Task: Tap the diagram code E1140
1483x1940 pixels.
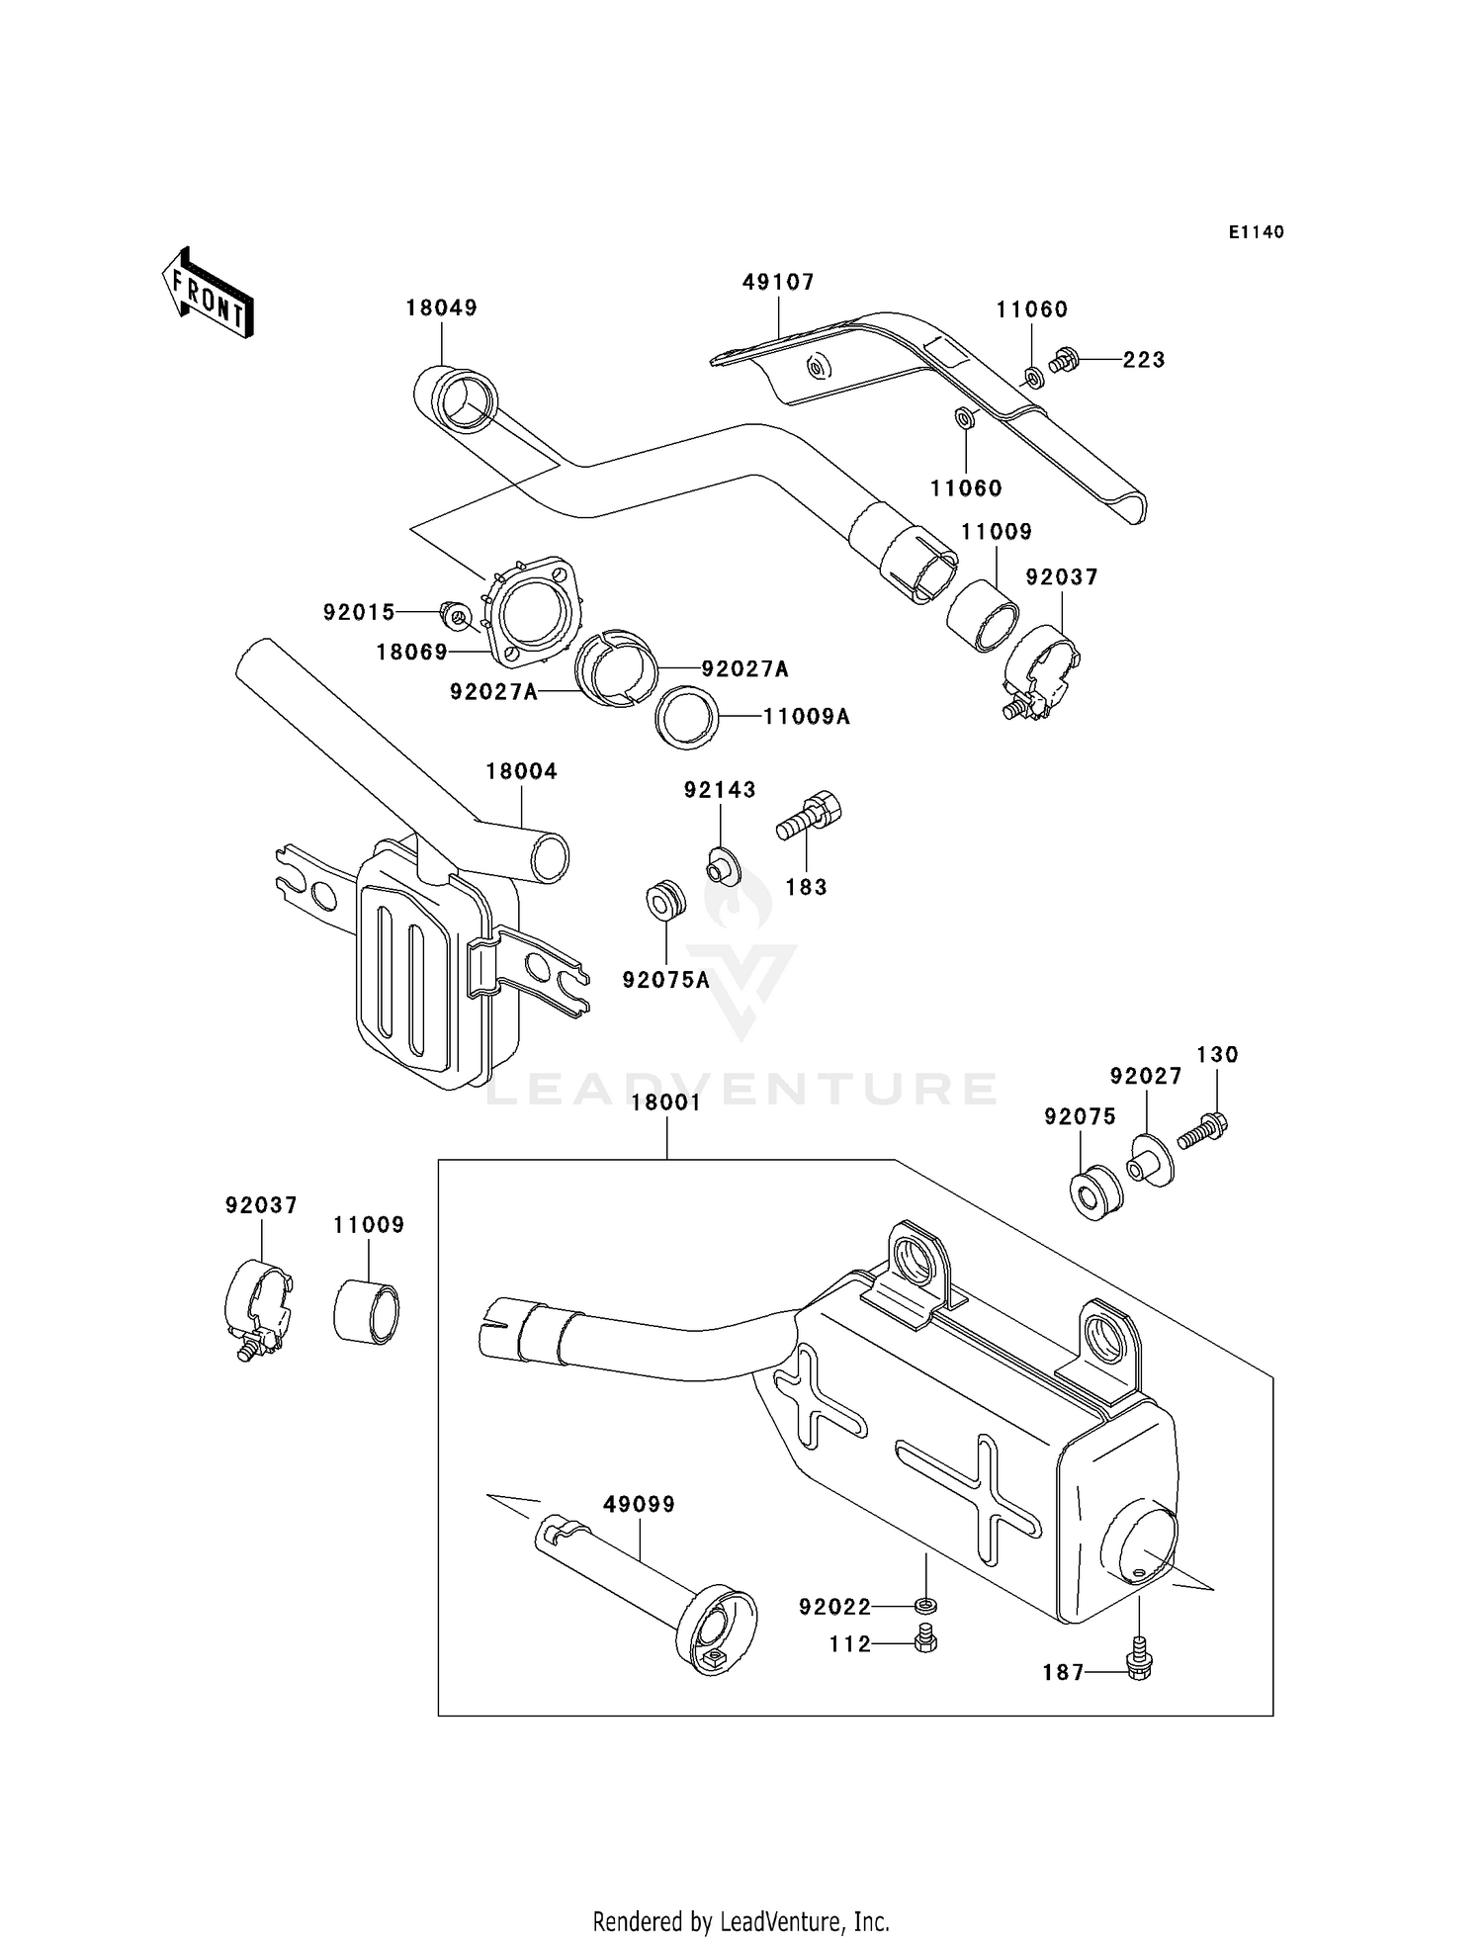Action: click(1256, 232)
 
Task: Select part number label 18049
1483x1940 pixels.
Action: click(441, 309)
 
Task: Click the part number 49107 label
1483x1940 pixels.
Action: click(778, 283)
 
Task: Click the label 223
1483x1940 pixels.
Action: click(1144, 360)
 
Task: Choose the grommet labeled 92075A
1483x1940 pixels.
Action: click(664, 900)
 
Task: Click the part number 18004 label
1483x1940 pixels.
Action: click(521, 771)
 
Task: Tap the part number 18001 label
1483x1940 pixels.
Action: click(666, 1102)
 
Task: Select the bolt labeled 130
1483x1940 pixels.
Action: click(1203, 1129)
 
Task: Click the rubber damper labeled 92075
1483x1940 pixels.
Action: click(1094, 1193)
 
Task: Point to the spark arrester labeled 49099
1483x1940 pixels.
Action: click(653, 1592)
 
